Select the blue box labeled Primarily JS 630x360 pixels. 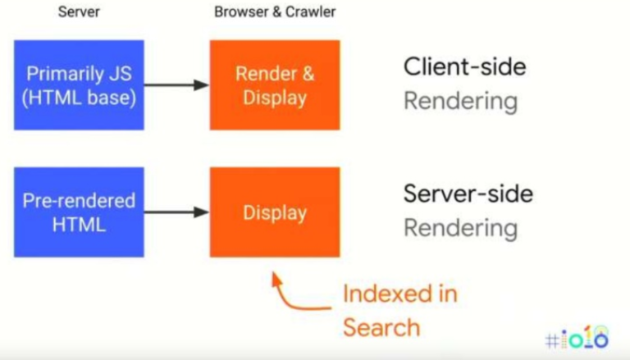[x=79, y=85]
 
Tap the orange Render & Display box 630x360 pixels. [x=275, y=85]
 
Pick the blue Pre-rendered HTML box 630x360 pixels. [x=79, y=212]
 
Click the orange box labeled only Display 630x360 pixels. [x=275, y=212]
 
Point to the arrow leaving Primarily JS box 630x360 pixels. [x=176, y=84]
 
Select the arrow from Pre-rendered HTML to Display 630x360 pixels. [x=176, y=212]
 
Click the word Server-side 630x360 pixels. [x=468, y=194]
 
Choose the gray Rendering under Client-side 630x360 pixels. [x=460, y=102]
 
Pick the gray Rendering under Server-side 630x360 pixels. [x=460, y=228]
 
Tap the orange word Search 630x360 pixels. [x=381, y=327]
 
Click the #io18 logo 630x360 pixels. [x=577, y=337]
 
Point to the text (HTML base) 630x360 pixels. [x=79, y=98]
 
